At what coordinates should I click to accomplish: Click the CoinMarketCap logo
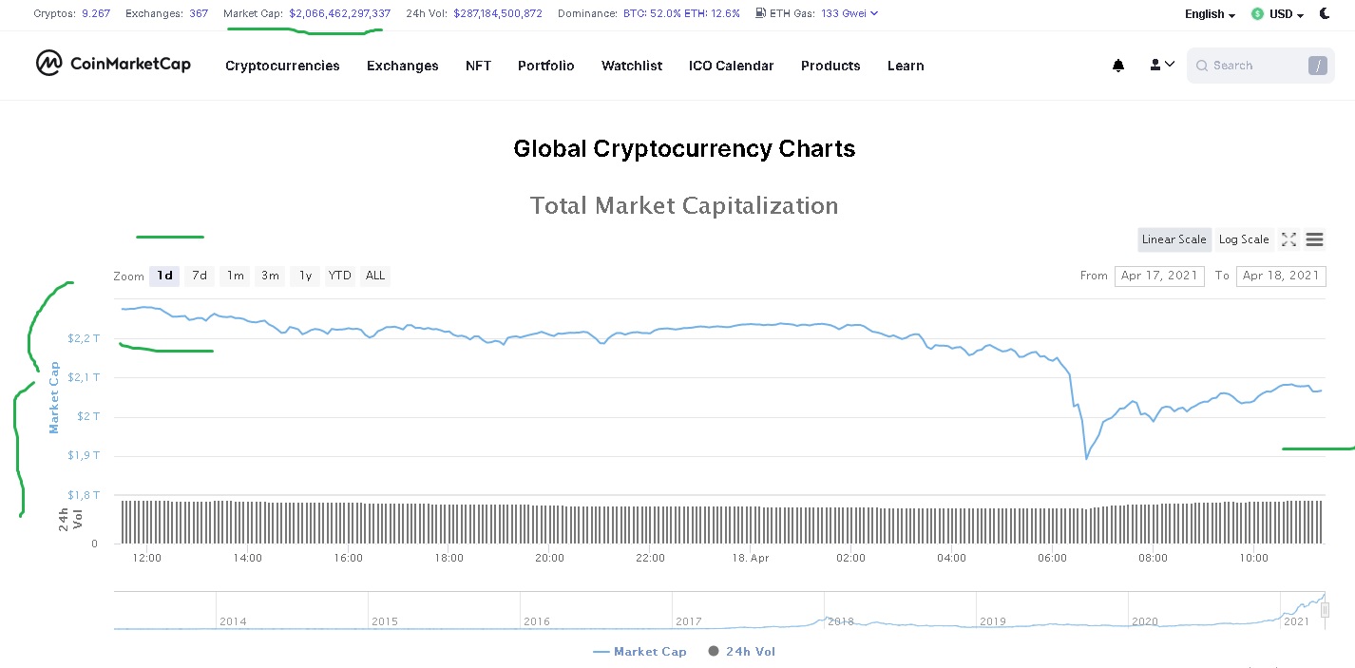(x=113, y=64)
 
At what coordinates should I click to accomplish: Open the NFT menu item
(x=478, y=66)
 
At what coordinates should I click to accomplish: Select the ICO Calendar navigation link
(x=731, y=66)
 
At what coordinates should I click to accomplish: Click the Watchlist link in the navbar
(x=631, y=66)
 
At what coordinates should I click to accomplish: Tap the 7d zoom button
(x=199, y=276)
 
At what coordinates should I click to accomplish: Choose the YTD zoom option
(x=339, y=276)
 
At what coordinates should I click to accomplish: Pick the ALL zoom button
(x=375, y=276)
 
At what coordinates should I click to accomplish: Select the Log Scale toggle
(x=1243, y=239)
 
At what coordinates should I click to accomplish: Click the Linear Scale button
(x=1174, y=239)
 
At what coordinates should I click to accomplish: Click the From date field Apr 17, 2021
(x=1159, y=276)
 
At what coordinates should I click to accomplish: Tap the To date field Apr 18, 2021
(x=1280, y=276)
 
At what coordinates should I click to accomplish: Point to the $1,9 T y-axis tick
(x=84, y=456)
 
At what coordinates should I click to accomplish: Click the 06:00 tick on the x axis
(x=1052, y=558)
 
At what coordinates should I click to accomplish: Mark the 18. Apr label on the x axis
(x=751, y=558)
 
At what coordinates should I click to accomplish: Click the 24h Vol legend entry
(x=741, y=652)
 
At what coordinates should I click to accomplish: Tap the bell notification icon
(x=1118, y=66)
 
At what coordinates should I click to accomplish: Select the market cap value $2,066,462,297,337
(x=339, y=13)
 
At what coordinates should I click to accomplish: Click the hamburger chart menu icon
(x=1314, y=239)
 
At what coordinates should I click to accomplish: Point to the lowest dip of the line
(x=1086, y=459)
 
